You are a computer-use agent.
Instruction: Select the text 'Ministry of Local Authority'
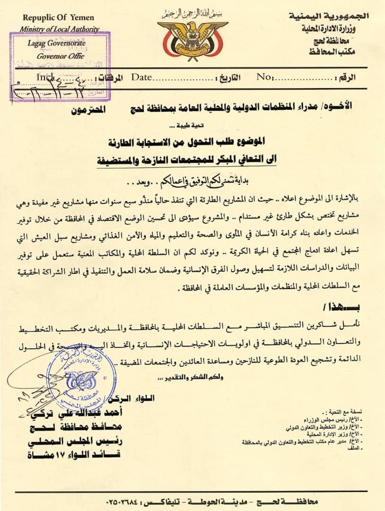pyautogui.click(x=60, y=29)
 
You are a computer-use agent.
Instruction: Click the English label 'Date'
pyautogui.click(x=141, y=77)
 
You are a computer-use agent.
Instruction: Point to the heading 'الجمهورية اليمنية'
pyautogui.click(x=329, y=17)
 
